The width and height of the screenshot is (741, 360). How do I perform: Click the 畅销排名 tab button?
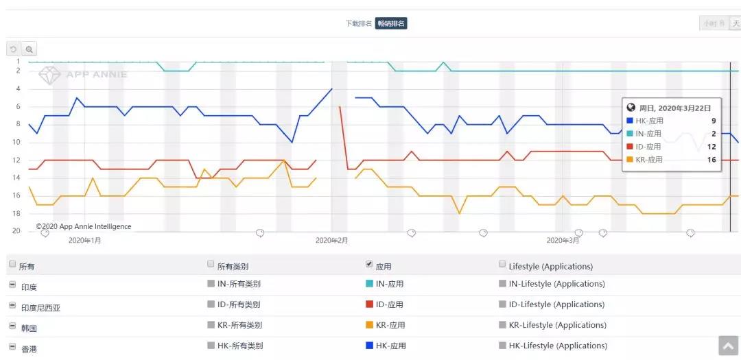pos(391,23)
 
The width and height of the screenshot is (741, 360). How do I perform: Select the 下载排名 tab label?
pos(359,23)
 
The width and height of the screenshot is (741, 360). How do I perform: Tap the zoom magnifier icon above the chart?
pos(29,49)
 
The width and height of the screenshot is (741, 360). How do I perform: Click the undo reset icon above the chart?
pos(13,49)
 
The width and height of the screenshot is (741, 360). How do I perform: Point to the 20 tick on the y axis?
pos(16,231)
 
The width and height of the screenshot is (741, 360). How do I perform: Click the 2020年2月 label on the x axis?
pos(332,241)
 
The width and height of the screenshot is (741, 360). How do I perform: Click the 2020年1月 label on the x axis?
pos(85,241)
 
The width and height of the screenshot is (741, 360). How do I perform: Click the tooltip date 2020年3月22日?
pos(675,108)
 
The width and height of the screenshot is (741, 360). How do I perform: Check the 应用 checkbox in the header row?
pos(370,264)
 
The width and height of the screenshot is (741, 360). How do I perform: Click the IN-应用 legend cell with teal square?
pos(385,284)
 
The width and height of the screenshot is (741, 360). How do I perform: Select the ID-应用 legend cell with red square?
pos(385,304)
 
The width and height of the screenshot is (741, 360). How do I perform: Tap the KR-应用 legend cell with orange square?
pos(386,325)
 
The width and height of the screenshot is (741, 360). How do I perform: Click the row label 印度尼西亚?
pos(40,308)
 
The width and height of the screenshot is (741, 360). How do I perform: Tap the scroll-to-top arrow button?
pos(728,346)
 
